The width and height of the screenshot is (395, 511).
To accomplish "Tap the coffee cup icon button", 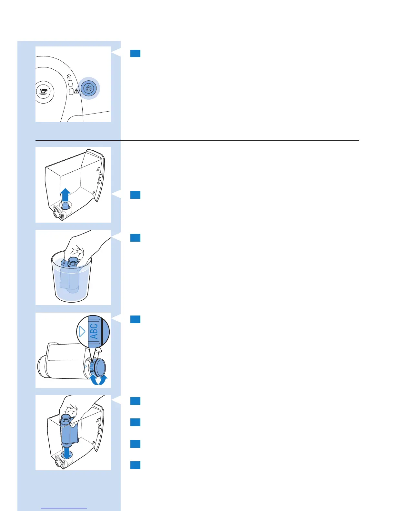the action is [x=43, y=92].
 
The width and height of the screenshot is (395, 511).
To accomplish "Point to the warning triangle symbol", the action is [x=76, y=91].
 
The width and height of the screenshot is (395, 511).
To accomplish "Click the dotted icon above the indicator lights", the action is [x=69, y=77].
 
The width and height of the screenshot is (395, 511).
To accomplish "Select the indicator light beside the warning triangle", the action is [x=71, y=92].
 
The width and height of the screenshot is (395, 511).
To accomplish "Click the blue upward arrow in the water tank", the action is [x=66, y=195].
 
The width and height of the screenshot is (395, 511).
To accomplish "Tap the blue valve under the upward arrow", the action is [x=66, y=205].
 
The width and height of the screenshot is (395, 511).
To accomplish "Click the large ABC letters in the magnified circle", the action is [x=94, y=331].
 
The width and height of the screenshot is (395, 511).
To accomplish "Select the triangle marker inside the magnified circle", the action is [x=82, y=331].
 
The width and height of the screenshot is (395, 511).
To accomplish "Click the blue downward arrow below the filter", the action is [x=67, y=453].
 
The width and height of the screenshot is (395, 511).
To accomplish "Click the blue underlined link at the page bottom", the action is [x=64, y=508].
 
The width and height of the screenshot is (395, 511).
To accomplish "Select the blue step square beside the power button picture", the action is [x=135, y=53].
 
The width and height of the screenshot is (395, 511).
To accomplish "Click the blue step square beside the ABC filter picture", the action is [x=135, y=319].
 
